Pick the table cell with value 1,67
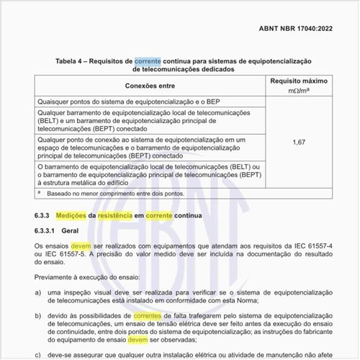(300, 142)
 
